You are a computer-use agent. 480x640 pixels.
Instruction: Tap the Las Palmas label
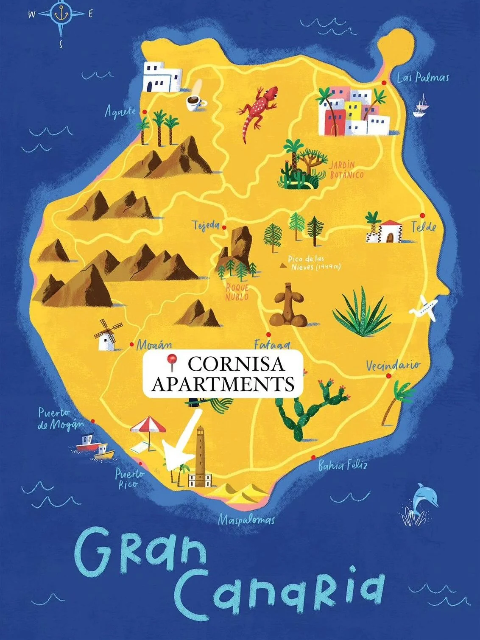coord(423,78)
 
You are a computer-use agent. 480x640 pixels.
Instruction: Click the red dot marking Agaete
coord(145,112)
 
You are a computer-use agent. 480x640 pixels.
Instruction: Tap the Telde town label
coord(424,227)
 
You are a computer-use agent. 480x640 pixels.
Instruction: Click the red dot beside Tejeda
coord(224,227)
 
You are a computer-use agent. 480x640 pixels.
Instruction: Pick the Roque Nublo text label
coord(237,292)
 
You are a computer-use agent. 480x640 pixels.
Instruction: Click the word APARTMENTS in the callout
coord(223,384)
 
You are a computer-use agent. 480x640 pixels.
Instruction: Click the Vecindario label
coord(393,365)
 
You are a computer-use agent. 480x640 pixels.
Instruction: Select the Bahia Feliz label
coord(343,466)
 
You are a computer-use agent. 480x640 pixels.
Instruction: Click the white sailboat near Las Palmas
coord(421,106)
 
